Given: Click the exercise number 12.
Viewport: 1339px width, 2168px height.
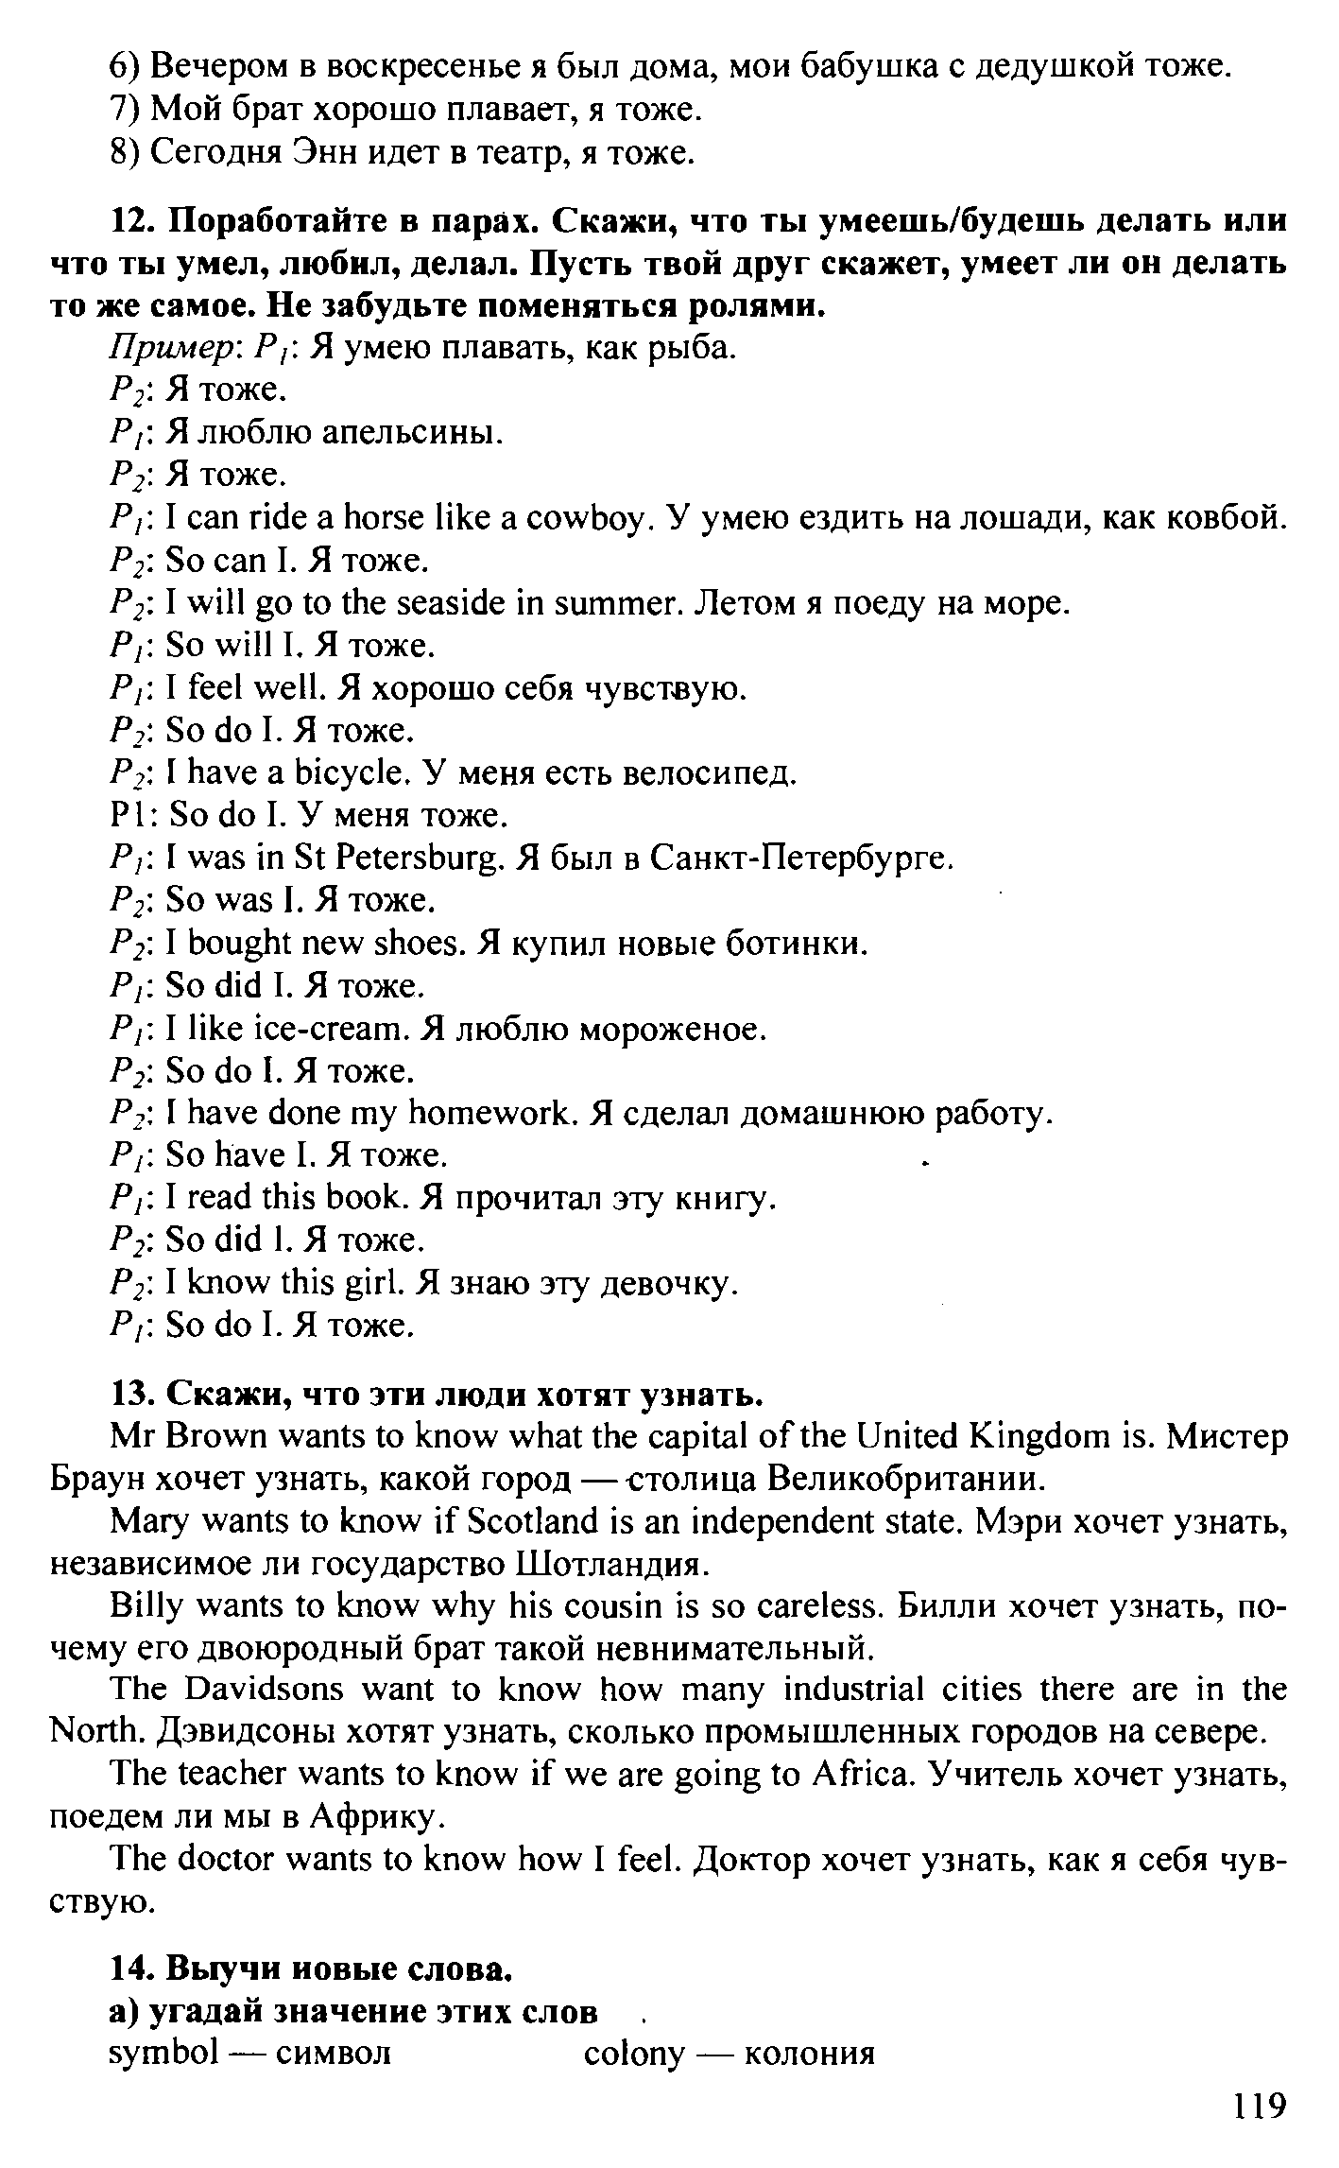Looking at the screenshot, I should pos(132,221).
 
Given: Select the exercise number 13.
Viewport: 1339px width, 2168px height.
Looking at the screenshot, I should pos(132,1394).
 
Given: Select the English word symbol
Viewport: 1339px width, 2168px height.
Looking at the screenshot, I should pos(164,2054).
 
